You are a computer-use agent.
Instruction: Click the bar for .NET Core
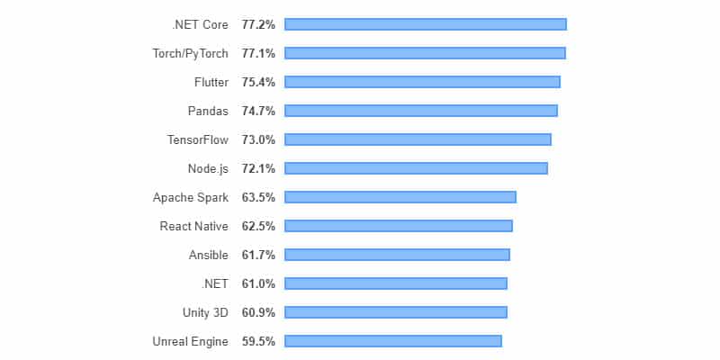pyautogui.click(x=425, y=24)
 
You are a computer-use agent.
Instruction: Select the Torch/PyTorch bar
pyautogui.click(x=425, y=53)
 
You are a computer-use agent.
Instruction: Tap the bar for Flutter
pyautogui.click(x=422, y=82)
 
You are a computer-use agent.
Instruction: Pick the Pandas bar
pyautogui.click(x=420, y=111)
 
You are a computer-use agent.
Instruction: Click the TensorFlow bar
pyautogui.click(x=418, y=139)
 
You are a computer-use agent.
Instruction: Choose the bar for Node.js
pyautogui.click(x=416, y=168)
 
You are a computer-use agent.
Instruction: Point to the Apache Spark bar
pyautogui.click(x=400, y=197)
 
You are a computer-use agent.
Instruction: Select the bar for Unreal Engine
pyautogui.click(x=392, y=341)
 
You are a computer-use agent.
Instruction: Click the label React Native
pyautogui.click(x=193, y=226)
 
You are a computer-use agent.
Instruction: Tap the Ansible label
pyautogui.click(x=208, y=255)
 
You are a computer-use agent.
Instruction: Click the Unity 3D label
pyautogui.click(x=204, y=312)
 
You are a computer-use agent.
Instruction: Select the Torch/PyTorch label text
pyautogui.click(x=190, y=53)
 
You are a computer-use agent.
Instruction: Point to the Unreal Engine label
pyautogui.click(x=190, y=341)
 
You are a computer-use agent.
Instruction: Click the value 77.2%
pyautogui.click(x=258, y=24)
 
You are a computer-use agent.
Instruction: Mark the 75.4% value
pyautogui.click(x=258, y=82)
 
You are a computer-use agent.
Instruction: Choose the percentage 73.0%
pyautogui.click(x=258, y=139)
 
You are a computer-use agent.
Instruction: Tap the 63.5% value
pyautogui.click(x=258, y=197)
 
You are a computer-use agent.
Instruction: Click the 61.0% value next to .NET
pyautogui.click(x=258, y=283)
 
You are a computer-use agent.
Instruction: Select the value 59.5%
pyautogui.click(x=258, y=341)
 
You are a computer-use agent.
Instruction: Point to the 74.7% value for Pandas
pyautogui.click(x=258, y=111)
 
